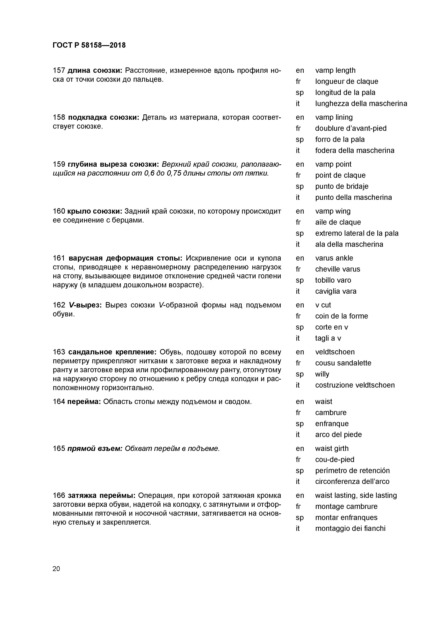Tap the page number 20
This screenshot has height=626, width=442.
pos(56,569)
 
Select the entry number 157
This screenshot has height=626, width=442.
pos(59,71)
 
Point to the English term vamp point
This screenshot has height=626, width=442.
pos(333,164)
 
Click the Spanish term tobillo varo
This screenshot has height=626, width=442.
pos(333,280)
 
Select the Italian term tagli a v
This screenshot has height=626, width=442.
pos(328,338)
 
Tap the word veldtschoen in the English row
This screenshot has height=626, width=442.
pos(335,352)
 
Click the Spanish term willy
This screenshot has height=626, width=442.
pos(322,374)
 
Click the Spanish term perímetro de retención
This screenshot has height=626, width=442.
pos(352,471)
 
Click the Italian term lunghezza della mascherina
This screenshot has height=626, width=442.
pos(361,104)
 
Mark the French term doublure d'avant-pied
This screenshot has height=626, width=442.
pos(351,128)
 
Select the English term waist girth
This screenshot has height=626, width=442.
pos(332,448)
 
